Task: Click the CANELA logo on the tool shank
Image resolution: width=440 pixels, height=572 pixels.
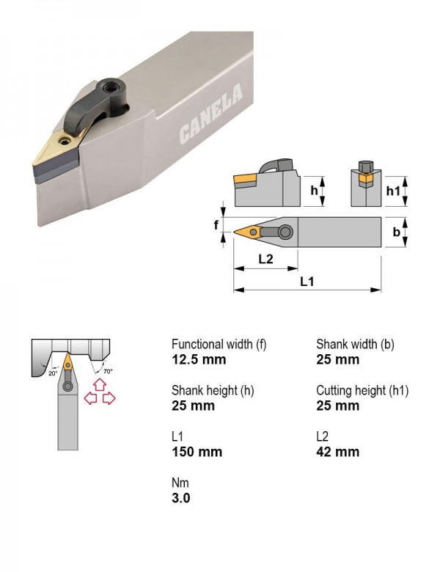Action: (x=211, y=113)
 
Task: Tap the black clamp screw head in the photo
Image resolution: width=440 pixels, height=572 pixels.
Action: (x=109, y=87)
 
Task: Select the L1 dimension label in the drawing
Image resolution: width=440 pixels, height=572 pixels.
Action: (x=307, y=282)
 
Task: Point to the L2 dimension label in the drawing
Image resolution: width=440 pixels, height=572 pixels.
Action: (x=265, y=259)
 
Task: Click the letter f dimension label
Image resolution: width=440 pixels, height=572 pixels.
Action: (x=216, y=225)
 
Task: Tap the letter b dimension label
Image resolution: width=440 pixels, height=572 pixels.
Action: (x=396, y=232)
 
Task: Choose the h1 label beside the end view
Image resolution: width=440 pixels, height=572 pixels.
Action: (x=393, y=191)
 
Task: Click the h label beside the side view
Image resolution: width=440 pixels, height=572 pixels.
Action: (x=314, y=190)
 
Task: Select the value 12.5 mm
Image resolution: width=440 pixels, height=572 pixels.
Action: (x=199, y=359)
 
